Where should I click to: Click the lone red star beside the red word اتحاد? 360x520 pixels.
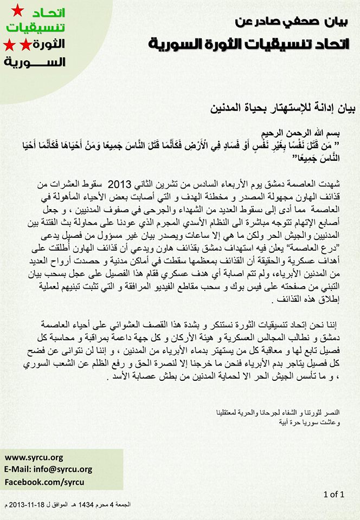pyautogui.click(x=17, y=9)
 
